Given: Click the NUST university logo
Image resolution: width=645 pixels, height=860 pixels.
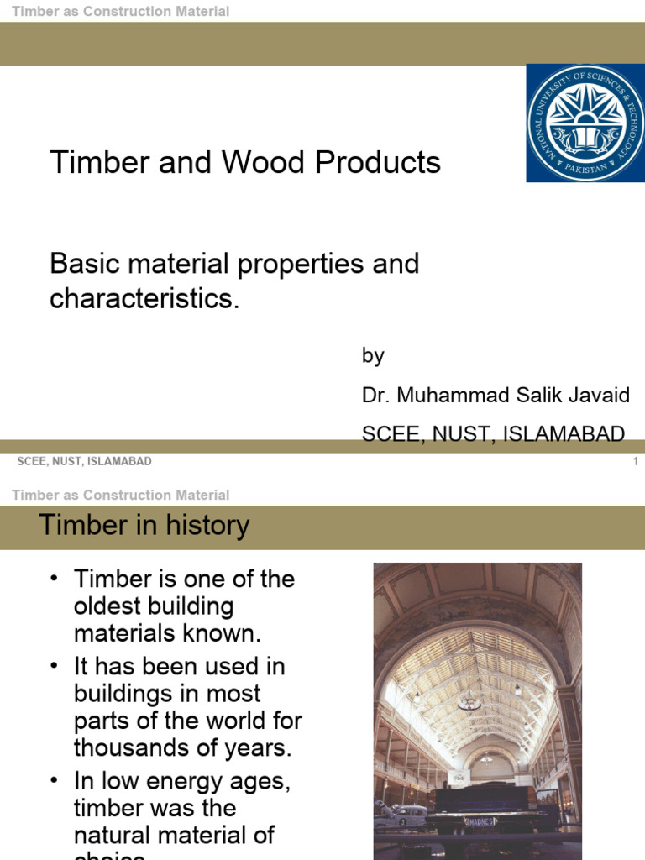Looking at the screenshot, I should pos(585,123).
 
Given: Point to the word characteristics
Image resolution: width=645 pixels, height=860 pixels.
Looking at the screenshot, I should pos(144,299).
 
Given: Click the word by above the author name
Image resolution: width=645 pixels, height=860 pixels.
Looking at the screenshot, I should pos(373,355).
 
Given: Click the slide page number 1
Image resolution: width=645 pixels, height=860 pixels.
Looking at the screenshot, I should pos(635,462).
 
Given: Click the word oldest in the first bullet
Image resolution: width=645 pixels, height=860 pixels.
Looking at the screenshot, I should pos(107,606).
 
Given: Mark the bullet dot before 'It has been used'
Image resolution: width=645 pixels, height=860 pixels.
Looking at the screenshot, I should pos(55,667).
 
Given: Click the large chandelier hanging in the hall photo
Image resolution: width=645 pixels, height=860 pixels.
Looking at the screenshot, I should pos(469,701).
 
